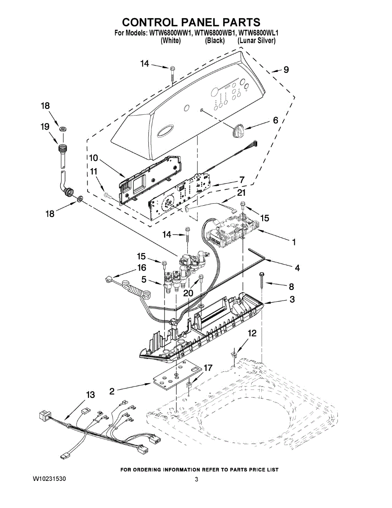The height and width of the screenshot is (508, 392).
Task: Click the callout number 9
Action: point(286,70)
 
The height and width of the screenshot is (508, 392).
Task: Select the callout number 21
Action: point(241,193)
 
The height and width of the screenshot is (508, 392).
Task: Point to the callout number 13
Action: point(90,395)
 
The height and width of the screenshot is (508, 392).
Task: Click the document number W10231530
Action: point(49,479)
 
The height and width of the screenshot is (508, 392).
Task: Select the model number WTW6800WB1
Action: point(214,33)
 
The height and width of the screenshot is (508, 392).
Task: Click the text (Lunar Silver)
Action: point(256,41)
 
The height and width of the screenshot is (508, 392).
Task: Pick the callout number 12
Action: point(252,334)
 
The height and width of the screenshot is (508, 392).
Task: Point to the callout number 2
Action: point(112,392)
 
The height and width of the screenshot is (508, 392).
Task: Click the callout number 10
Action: point(93,158)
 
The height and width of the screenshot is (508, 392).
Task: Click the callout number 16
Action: point(141,268)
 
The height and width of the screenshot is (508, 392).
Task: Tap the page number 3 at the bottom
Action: point(196,479)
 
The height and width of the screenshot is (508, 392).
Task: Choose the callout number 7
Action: point(241,180)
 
